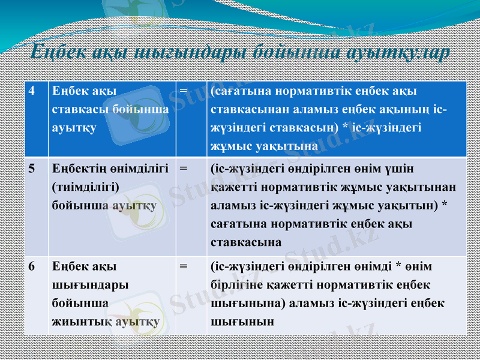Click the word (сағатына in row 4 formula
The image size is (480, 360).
point(238,91)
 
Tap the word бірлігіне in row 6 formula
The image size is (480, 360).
point(237,284)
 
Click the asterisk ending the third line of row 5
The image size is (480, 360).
point(444,205)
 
